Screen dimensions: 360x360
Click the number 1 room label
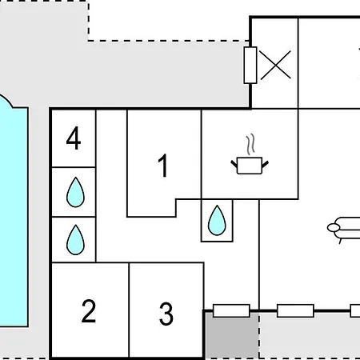(x=163, y=166)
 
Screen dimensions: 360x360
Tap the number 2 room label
(x=89, y=311)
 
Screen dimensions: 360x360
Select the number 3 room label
(x=166, y=314)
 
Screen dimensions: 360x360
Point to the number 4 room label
(x=74, y=138)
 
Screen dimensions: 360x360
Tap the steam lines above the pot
(x=250, y=144)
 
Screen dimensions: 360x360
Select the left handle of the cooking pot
(x=234, y=164)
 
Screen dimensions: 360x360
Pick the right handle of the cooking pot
(x=266, y=164)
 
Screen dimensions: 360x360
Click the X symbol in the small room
(x=275, y=65)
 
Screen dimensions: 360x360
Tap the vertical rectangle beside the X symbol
(x=250, y=65)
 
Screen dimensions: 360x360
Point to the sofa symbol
(x=344, y=230)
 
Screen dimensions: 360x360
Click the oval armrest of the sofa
(x=334, y=228)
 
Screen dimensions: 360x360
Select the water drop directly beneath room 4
(x=75, y=192)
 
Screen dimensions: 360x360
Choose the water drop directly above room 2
(x=75, y=240)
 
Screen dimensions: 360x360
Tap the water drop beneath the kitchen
(x=217, y=220)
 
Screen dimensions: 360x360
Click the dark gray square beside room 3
(x=231, y=335)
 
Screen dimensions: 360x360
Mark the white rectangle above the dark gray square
(x=231, y=310)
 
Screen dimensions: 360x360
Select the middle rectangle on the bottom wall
(x=295, y=310)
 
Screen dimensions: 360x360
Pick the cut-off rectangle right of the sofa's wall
(x=355, y=310)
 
